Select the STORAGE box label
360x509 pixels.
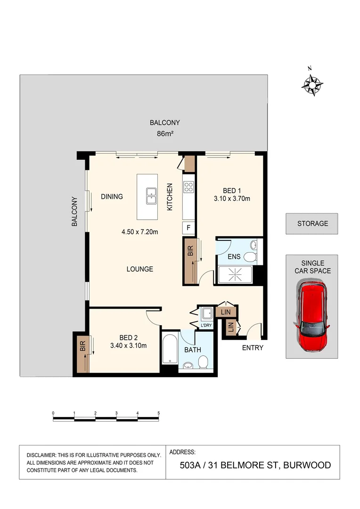click(312, 223)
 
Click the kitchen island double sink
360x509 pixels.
click(151, 196)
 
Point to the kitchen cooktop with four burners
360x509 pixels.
click(189, 187)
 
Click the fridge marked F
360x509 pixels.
click(189, 228)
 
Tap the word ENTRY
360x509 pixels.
click(253, 348)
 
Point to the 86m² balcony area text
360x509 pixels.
click(164, 134)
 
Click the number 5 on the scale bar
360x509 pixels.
click(159, 413)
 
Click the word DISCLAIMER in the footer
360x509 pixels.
click(41, 455)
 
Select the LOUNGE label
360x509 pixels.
click(139, 269)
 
